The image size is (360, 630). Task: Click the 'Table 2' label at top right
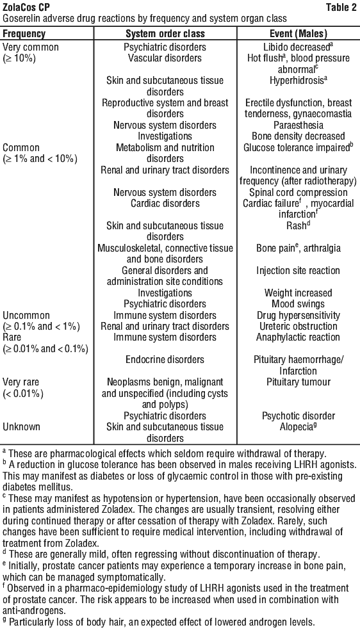342,7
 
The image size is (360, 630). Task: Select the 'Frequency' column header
24,33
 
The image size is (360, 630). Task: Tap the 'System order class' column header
165,33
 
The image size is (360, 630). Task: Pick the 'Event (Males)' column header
298,33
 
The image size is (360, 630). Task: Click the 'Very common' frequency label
31,47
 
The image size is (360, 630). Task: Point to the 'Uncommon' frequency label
26,316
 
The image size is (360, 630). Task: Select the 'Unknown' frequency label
23,426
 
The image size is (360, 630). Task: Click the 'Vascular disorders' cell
165,58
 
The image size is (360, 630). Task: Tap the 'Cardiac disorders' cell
165,204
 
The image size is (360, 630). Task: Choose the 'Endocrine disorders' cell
165,359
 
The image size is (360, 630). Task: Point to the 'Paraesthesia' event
298,125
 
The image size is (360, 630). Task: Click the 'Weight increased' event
298,293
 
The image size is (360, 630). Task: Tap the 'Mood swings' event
298,303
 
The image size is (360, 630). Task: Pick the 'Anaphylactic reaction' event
298,337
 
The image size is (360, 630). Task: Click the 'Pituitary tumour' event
298,382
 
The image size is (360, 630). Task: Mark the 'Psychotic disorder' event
298,416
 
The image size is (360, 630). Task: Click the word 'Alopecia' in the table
296,426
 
